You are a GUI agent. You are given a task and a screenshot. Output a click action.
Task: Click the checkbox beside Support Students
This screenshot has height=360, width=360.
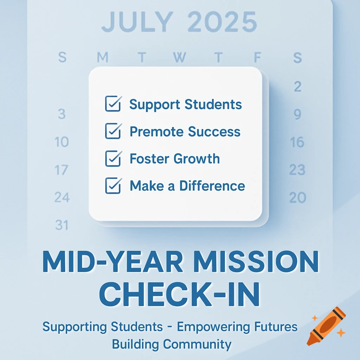[113, 104]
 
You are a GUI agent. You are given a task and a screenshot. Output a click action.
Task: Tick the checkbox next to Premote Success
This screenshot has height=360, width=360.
[113, 131]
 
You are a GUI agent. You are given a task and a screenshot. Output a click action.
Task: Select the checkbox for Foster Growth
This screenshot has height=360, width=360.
[113, 159]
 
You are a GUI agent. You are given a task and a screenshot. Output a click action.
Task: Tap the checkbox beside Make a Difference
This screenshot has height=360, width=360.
[113, 186]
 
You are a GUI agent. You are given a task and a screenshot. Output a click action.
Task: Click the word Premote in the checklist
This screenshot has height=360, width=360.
[156, 131]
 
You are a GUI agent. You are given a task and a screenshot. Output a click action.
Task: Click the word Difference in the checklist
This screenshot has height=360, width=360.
[212, 186]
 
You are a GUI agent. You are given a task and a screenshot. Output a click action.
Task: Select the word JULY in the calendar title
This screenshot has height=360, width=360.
[137, 22]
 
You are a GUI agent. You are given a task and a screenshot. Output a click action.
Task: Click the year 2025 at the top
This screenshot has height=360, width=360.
[222, 22]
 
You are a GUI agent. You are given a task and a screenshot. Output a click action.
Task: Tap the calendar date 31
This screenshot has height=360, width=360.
[62, 225]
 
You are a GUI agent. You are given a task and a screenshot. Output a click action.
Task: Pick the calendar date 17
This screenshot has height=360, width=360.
[61, 170]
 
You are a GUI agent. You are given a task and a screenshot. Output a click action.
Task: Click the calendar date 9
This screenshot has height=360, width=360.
[297, 114]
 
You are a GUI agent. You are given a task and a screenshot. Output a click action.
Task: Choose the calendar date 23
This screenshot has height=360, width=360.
[297, 170]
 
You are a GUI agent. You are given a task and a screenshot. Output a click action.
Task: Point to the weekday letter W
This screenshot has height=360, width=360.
[179, 57]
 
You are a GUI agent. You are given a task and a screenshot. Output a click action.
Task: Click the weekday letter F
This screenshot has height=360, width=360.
[258, 57]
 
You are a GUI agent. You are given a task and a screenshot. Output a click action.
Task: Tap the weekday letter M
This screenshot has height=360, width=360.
[102, 57]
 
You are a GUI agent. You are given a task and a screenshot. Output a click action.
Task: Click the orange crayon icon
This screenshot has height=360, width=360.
[326, 326]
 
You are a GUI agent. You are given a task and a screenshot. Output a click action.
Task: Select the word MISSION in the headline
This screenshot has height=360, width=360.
[256, 262]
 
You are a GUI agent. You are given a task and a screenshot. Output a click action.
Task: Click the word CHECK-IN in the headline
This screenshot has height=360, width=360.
[179, 295]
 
